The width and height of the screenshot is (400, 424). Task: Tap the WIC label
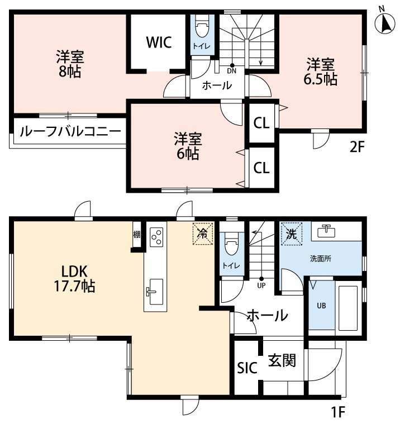159,42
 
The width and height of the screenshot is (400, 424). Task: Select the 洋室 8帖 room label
70,64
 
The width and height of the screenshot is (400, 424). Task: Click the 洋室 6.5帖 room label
320,71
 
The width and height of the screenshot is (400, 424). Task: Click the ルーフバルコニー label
69,132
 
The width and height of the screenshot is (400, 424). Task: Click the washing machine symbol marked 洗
291,232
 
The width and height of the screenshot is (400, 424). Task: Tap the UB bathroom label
321,306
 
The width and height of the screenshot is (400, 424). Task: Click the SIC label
246,368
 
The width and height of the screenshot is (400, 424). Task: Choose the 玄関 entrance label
281,360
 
